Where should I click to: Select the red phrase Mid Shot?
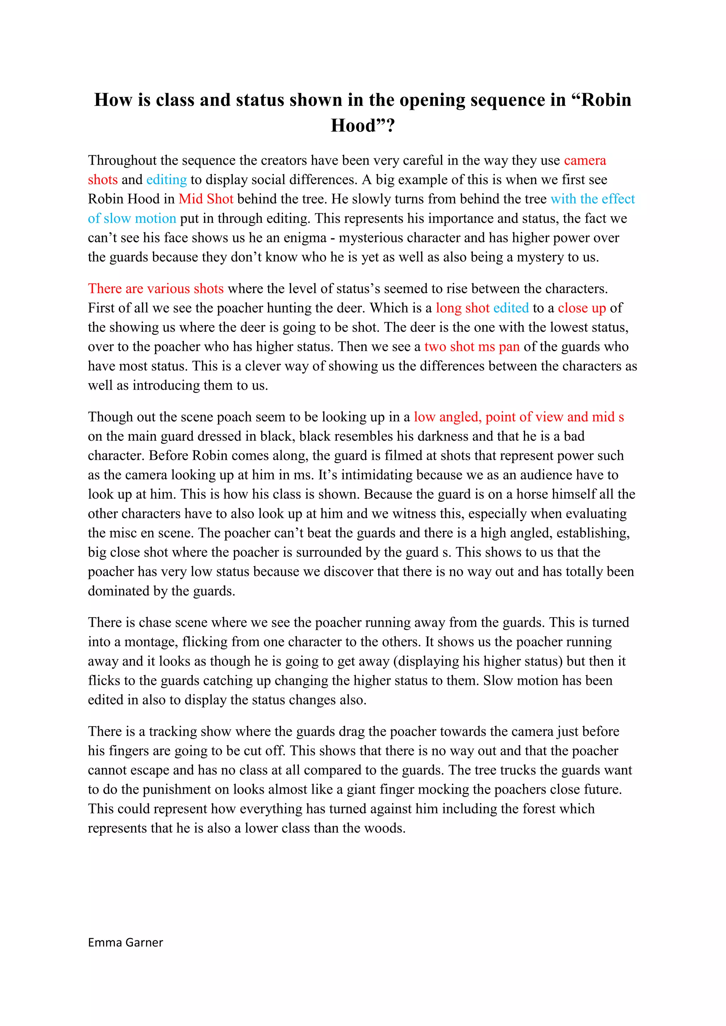[x=206, y=199]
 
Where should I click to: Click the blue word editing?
[x=166, y=180]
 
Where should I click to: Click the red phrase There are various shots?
[x=156, y=289]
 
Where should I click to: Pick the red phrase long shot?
[x=463, y=308]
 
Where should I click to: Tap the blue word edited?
[x=511, y=308]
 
